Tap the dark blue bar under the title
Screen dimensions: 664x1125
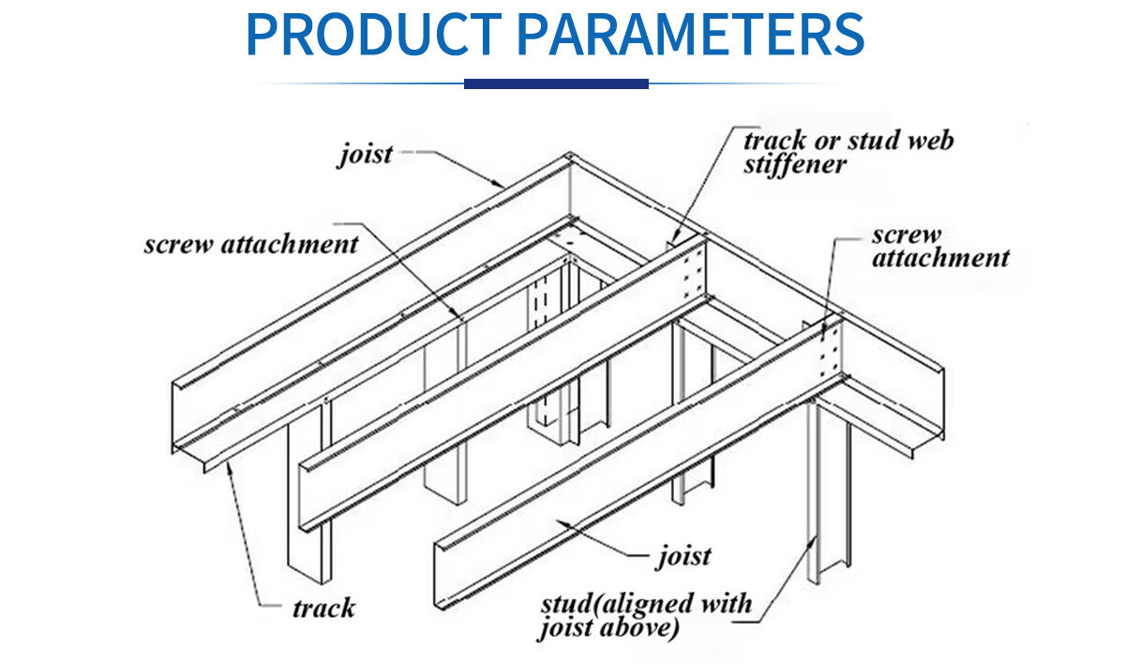[x=556, y=83]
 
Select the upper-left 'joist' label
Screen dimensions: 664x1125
[x=365, y=153]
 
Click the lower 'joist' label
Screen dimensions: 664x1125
[x=682, y=555]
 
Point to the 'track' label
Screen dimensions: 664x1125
[x=323, y=608]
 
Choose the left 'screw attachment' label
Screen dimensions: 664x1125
[x=251, y=245]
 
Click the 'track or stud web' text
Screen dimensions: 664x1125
[x=847, y=141]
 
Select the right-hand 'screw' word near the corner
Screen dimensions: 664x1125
[x=906, y=234]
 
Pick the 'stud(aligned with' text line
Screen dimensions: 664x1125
[x=645, y=603]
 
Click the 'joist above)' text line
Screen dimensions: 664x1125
[x=607, y=628]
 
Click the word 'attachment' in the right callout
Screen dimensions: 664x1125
[x=940, y=258]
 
